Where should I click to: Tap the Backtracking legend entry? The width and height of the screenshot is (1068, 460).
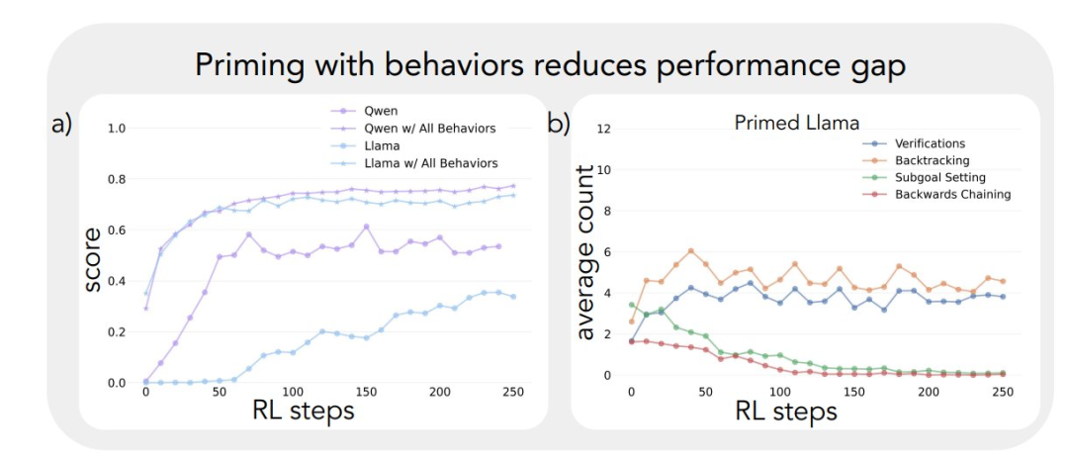coord(933,160)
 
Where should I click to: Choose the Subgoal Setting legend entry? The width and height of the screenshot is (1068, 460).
coord(939,177)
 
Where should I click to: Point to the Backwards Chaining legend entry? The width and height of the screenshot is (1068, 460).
coord(952,194)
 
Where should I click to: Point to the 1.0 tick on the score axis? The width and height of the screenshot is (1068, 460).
coord(117,129)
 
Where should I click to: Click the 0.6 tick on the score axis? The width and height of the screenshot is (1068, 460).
coord(117,230)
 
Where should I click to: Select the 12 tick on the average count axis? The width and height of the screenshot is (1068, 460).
coord(606,129)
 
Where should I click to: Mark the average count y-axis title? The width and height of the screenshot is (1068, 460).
coord(585,253)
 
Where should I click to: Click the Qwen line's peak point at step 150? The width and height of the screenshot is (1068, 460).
coord(366,227)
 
